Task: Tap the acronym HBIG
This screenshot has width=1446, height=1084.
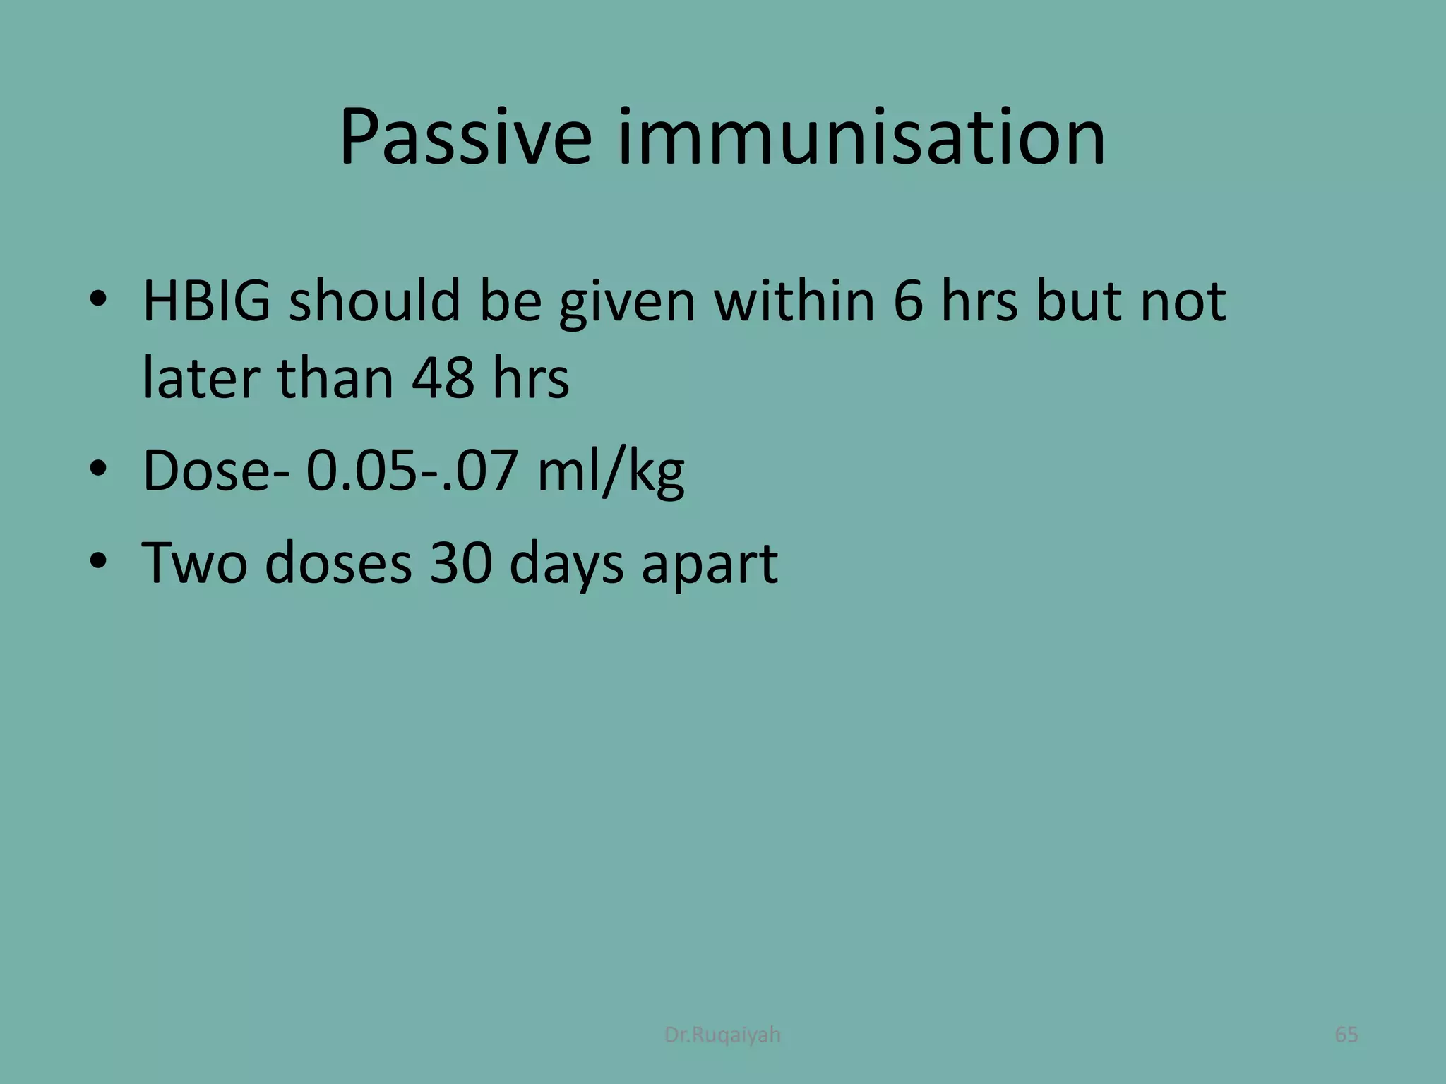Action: pos(206,301)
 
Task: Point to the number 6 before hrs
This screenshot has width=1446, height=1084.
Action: pos(908,301)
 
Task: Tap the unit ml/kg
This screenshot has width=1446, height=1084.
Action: pos(610,471)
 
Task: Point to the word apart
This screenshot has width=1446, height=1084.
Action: pos(709,564)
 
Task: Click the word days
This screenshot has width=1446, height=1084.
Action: pos(566,564)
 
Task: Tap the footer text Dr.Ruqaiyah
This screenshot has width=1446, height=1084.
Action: pos(722,1035)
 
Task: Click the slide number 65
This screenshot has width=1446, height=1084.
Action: pos(1346,1035)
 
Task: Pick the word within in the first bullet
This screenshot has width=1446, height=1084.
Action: pos(794,301)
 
